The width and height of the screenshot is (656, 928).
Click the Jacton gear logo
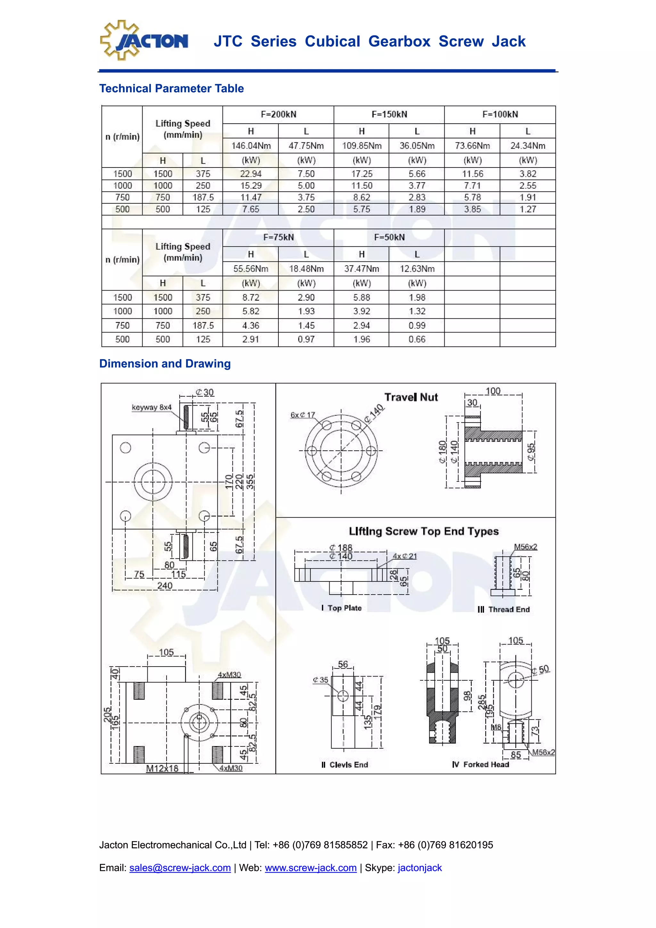(143, 40)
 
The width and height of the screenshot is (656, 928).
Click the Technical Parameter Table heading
(171, 88)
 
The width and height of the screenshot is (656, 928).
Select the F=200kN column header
(278, 114)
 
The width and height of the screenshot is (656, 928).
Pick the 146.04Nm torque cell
(250, 145)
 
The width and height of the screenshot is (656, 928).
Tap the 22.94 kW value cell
(250, 174)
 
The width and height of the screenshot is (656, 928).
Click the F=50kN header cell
(389, 237)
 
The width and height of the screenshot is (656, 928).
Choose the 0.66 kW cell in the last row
(417, 340)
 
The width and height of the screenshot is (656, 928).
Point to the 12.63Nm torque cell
(417, 269)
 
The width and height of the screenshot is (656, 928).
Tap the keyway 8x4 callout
(152, 407)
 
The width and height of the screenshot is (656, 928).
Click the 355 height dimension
(250, 482)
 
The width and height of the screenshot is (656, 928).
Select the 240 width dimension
(165, 585)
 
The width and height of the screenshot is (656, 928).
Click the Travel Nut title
(411, 397)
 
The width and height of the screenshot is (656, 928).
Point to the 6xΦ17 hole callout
(302, 415)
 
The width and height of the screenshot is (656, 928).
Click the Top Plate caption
(341, 608)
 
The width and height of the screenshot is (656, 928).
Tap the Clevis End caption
(345, 765)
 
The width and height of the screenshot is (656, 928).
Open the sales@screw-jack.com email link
(180, 868)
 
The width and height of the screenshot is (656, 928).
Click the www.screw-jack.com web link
(310, 868)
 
